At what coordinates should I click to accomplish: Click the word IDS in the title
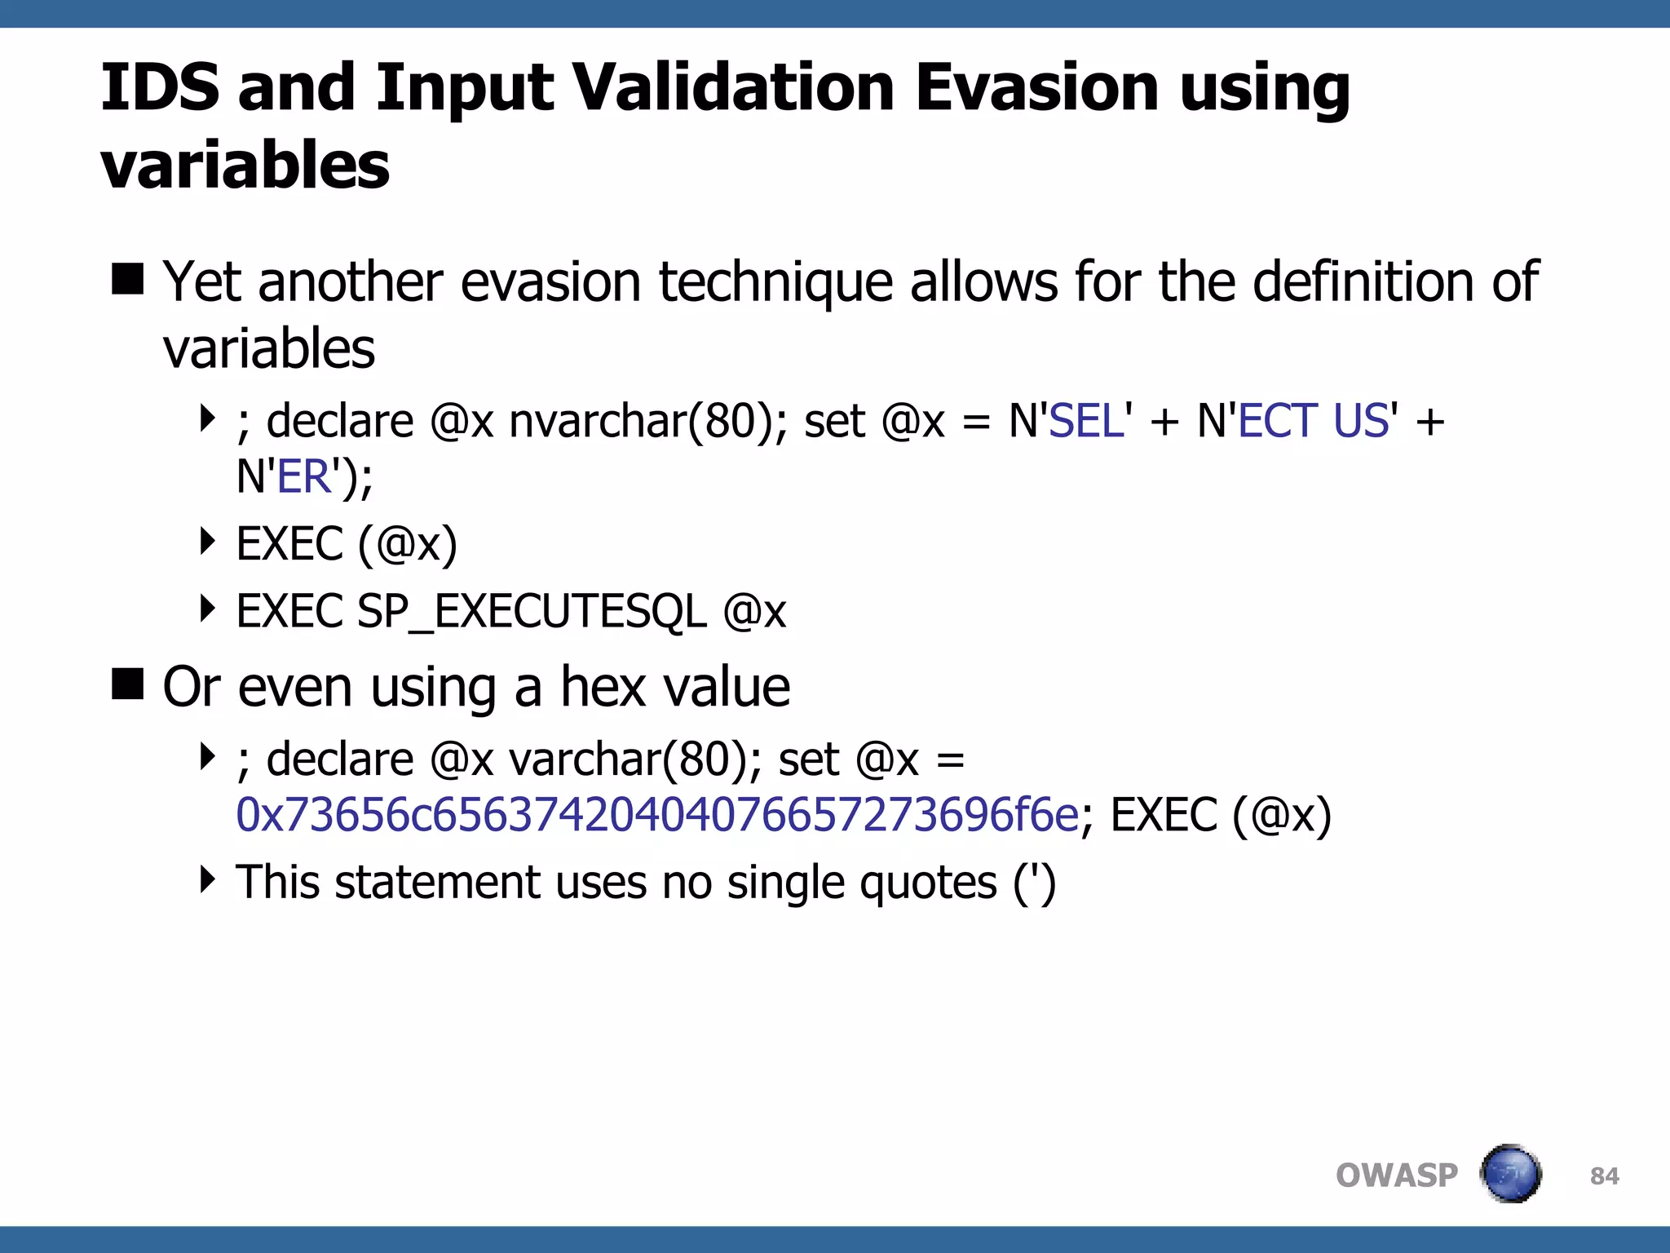point(160,88)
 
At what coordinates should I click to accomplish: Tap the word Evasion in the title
point(1036,88)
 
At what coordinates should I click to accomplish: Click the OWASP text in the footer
point(1396,1176)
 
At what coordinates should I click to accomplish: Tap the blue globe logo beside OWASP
point(1511,1174)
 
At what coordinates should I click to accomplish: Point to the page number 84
point(1604,1176)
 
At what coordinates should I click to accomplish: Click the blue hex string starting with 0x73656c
point(656,815)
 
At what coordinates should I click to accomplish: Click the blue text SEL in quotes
point(1087,422)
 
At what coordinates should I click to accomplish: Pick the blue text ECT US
point(1313,422)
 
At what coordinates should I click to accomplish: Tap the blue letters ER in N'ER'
point(304,477)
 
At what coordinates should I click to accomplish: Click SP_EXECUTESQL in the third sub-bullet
point(532,612)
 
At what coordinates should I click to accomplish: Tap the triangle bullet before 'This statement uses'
point(208,879)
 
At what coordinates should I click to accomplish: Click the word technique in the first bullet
point(775,282)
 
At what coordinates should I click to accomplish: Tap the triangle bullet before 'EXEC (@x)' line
point(208,541)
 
